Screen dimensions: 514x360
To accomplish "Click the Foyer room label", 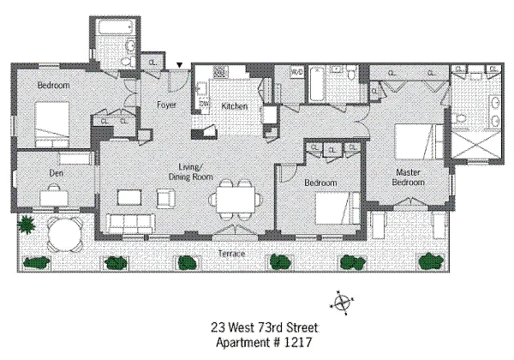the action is pos(166,105).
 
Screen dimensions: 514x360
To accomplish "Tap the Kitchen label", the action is pos(235,106).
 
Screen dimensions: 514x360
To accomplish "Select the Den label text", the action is pos(56,173).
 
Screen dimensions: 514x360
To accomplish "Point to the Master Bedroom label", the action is pos(408,177).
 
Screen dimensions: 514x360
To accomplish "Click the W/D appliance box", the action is pos(297,72).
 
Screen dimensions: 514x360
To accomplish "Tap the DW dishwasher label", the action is pos(204,104).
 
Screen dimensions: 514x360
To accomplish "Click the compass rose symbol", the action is pos(342,303).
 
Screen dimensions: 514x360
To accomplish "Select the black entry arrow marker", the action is pos(180,65).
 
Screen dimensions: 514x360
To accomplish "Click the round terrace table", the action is pos(64,234).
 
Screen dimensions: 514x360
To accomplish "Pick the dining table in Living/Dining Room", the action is pos(236,200).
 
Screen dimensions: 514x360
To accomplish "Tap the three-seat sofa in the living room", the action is pos(131,224).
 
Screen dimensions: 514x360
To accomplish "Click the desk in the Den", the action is pos(54,197).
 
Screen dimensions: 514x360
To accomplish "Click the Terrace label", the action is pos(232,254).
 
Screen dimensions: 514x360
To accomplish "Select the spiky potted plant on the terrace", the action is pos(26,225).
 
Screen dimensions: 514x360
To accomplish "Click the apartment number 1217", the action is pos(297,343).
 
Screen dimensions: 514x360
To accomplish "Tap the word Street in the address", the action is pos(302,327).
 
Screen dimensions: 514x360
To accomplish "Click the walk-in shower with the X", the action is pos(476,144).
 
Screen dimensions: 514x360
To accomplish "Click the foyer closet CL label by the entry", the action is pos(152,63).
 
